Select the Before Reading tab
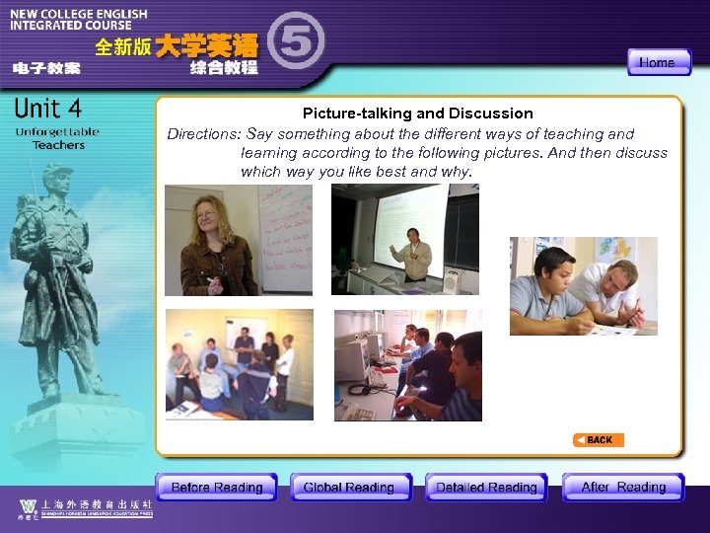pyautogui.click(x=216, y=487)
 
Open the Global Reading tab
pyautogui.click(x=349, y=487)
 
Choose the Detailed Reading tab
pyautogui.click(x=486, y=487)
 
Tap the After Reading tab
pyautogui.click(x=623, y=487)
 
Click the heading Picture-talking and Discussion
pyautogui.click(x=417, y=114)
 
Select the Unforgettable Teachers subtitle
pyautogui.click(x=57, y=138)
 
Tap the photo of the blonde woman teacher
pyautogui.click(x=238, y=240)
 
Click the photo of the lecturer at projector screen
pyautogui.click(x=404, y=239)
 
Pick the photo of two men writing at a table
pyautogui.click(x=583, y=285)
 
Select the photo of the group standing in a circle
pyautogui.click(x=239, y=364)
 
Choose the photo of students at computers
pyautogui.click(x=407, y=365)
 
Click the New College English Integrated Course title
pyautogui.click(x=79, y=21)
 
